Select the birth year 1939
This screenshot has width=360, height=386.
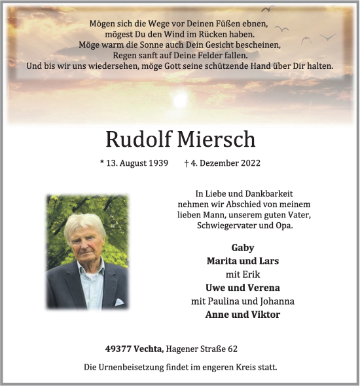(x=157, y=163)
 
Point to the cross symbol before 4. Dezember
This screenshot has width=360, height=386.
(x=188, y=163)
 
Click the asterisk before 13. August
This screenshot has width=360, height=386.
(x=102, y=163)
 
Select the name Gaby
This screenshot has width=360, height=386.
(x=243, y=248)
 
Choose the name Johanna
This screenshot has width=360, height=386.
(x=277, y=301)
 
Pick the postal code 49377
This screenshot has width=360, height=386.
(x=118, y=349)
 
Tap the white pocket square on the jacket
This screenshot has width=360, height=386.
(x=119, y=302)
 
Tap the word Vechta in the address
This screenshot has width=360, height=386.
(x=148, y=349)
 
